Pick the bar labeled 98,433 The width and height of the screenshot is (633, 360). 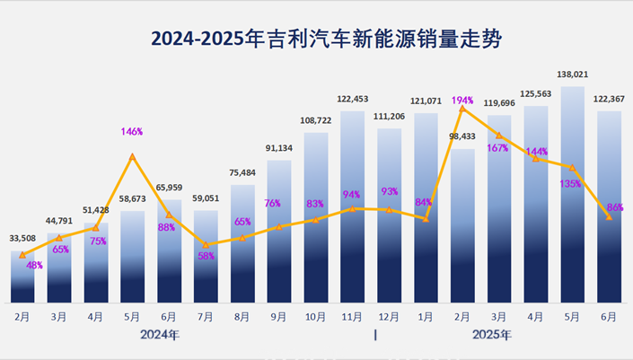(x=463, y=224)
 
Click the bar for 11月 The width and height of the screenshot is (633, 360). (x=353, y=206)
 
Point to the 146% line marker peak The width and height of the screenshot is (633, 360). (x=133, y=157)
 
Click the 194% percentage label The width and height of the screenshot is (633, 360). (x=463, y=99)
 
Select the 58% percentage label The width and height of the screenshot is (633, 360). (x=206, y=257)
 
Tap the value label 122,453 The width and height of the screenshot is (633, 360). (x=353, y=99)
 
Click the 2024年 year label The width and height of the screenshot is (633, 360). (x=160, y=335)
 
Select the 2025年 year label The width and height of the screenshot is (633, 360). (x=492, y=335)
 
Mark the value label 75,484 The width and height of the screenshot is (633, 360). (x=242, y=173)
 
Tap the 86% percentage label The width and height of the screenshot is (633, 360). (x=615, y=207)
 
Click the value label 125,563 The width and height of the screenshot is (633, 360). (x=536, y=93)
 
